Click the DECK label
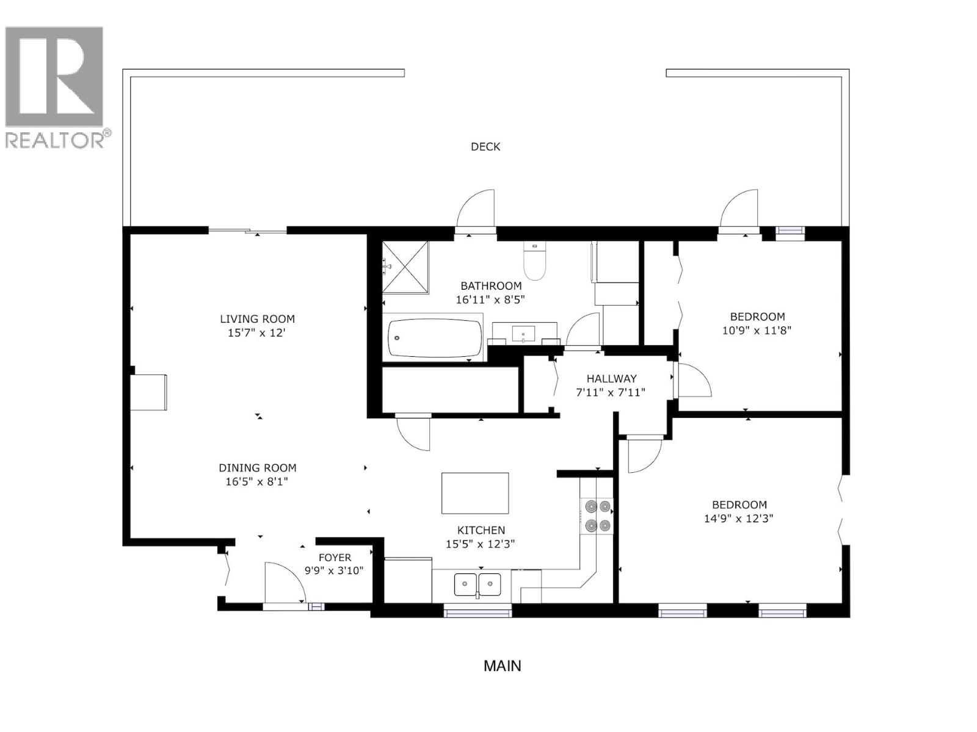tap(485, 146)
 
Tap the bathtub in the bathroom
tap(435, 339)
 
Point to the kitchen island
tap(475, 493)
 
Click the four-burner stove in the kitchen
tap(597, 515)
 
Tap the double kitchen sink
tap(478, 584)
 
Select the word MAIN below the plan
tap(502, 666)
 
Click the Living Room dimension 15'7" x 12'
tap(256, 333)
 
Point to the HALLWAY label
tap(611, 379)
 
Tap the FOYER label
tap(335, 558)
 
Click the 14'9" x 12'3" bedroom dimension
tap(739, 518)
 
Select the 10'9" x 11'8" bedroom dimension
tap(757, 331)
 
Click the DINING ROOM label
tap(257, 468)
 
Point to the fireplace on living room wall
tap(148, 392)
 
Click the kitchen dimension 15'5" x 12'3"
tap(480, 544)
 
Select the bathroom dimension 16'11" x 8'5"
tap(490, 300)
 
